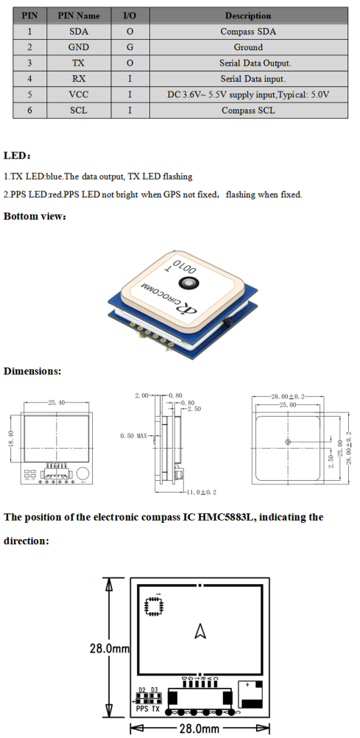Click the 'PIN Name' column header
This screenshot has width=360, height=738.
(79, 15)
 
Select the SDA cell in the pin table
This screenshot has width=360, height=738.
(79, 31)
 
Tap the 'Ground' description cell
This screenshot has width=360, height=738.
(248, 47)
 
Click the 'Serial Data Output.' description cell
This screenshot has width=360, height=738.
(248, 63)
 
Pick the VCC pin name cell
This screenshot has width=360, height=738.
(79, 95)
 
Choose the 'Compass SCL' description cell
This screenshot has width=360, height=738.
(248, 110)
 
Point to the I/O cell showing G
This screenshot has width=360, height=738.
(130, 47)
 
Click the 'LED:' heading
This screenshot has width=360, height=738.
(18, 155)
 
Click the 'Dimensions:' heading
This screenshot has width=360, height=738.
(32, 371)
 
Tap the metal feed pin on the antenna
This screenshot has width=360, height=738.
(190, 282)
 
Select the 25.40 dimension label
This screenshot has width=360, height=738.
(57, 403)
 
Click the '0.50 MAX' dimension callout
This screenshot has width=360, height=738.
(135, 436)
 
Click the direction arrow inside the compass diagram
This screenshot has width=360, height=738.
(199, 630)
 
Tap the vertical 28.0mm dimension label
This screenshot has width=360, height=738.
(110, 649)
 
